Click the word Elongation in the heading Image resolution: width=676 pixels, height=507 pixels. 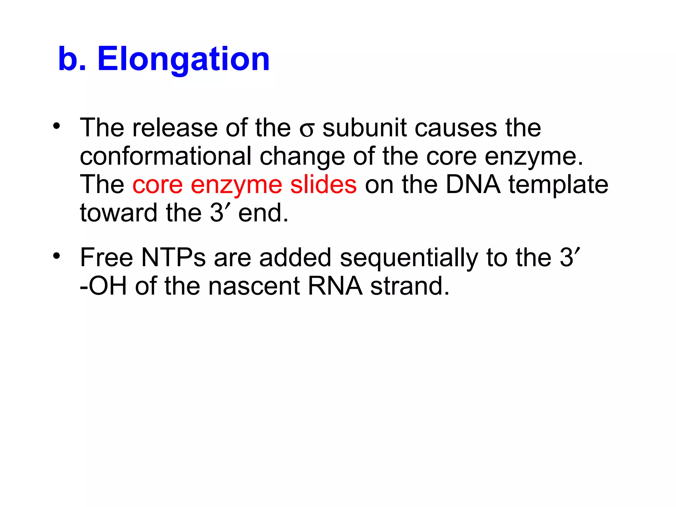click(x=184, y=59)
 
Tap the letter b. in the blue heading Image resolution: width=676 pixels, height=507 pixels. click(x=72, y=59)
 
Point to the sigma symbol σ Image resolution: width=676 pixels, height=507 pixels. click(x=307, y=130)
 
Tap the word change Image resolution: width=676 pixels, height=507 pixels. click(x=302, y=157)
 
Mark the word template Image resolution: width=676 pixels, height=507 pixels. click(x=558, y=185)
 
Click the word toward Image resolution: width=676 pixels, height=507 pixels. click(x=119, y=213)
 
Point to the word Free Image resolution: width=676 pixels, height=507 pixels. click(x=107, y=257)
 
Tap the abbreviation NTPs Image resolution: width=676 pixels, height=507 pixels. click(x=174, y=257)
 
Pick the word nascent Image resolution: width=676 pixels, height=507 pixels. click(x=254, y=286)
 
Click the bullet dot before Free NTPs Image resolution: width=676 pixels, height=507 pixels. click(x=57, y=256)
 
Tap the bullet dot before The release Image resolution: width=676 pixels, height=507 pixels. click(x=57, y=126)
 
